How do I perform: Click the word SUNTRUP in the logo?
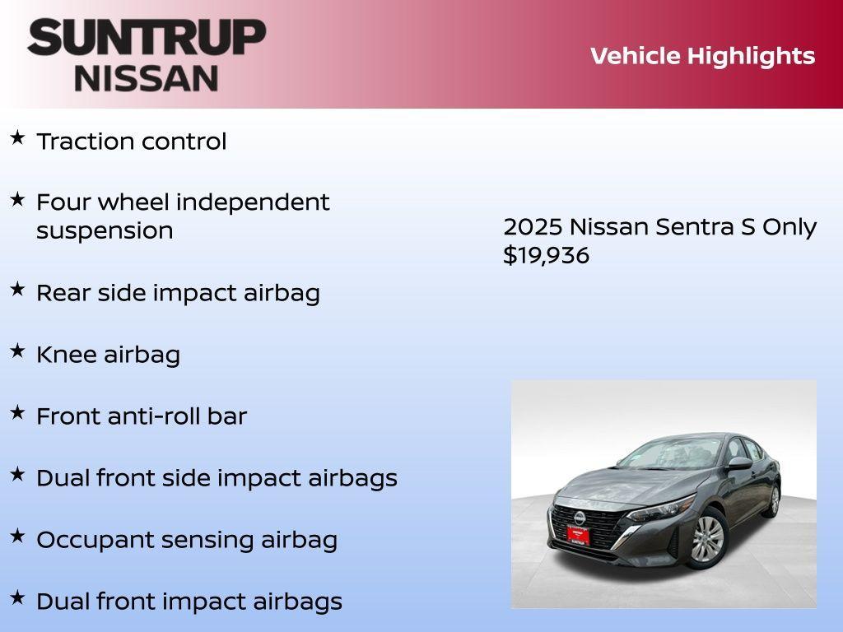(x=147, y=37)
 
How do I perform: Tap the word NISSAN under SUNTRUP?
(x=147, y=78)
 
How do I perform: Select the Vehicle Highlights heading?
(x=702, y=56)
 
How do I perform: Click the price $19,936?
(x=546, y=255)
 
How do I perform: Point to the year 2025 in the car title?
(x=532, y=227)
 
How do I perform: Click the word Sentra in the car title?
(x=693, y=227)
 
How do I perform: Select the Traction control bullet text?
(x=131, y=142)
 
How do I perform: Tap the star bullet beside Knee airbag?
(x=16, y=351)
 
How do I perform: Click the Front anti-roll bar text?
(x=141, y=416)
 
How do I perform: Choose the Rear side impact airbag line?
(x=178, y=293)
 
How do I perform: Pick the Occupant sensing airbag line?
(x=187, y=540)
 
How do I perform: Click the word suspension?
(x=105, y=230)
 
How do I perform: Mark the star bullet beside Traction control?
(x=16, y=137)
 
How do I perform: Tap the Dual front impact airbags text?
(x=189, y=602)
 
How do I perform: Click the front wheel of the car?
(x=706, y=539)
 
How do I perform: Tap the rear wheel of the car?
(x=773, y=500)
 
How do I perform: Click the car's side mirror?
(x=738, y=464)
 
